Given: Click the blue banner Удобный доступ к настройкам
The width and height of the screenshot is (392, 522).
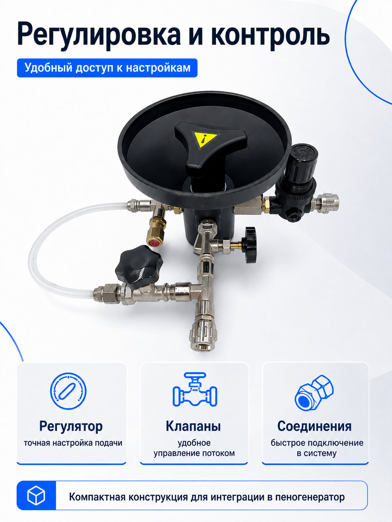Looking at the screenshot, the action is (x=107, y=68).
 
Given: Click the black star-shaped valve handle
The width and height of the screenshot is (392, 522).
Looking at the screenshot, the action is (x=139, y=267).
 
